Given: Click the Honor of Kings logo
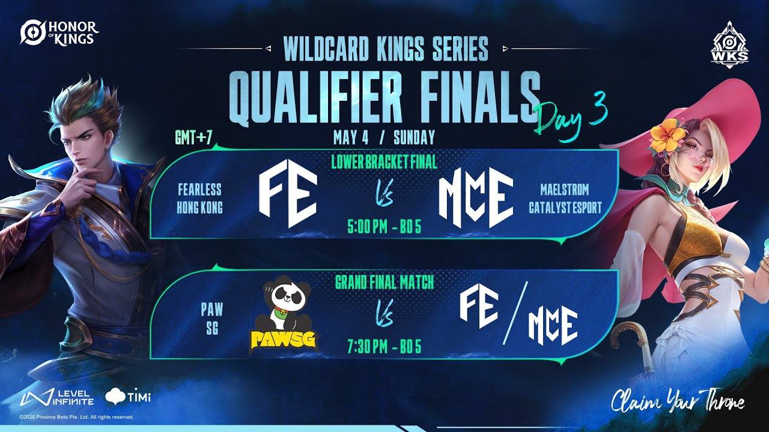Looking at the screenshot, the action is [59, 32].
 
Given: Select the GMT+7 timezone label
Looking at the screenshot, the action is [193, 138].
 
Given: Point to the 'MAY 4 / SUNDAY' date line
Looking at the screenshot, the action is [384, 138].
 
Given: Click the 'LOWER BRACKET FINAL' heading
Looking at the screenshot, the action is [384, 162].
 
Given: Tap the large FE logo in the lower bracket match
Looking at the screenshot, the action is [288, 194].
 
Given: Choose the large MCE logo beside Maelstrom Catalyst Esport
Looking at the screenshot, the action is [476, 198].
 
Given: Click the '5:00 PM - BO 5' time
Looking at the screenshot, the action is [384, 227].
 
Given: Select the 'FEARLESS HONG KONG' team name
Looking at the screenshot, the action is [199, 199].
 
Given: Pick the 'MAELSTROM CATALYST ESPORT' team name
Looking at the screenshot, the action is [565, 199].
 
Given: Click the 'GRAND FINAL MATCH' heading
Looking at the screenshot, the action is [384, 283].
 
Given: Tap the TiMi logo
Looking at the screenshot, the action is [128, 398].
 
